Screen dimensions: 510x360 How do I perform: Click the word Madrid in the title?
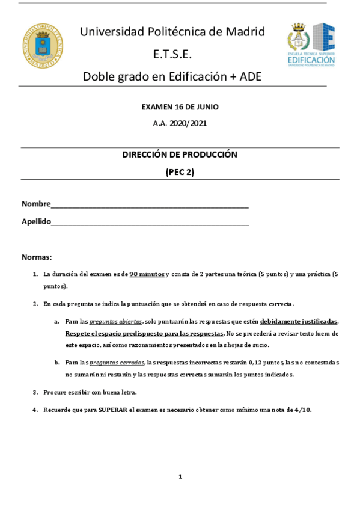click(243, 32)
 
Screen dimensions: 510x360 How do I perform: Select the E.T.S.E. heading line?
click(172, 54)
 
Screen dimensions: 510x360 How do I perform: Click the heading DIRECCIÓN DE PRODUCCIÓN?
click(180, 155)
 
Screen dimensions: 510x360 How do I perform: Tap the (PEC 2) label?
click(180, 171)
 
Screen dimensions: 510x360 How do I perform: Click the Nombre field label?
click(36, 204)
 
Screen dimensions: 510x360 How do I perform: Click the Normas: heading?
click(37, 257)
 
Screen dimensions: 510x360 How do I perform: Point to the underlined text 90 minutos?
click(147, 274)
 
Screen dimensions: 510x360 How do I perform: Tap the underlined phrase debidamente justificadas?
click(299, 321)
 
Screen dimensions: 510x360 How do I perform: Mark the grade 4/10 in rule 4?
click(302, 410)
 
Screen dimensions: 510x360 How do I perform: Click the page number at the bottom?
click(180, 476)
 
